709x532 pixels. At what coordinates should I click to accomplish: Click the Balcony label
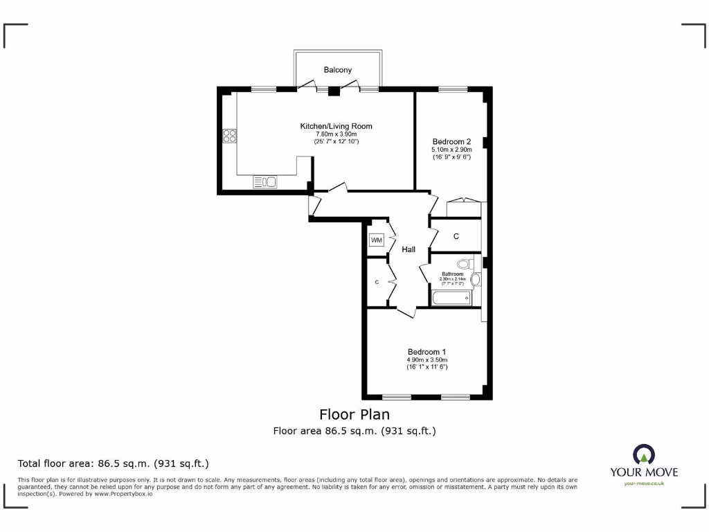pos(338,70)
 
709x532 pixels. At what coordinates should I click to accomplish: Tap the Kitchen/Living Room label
pos(336,126)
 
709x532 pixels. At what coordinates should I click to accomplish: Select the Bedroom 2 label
pos(451,141)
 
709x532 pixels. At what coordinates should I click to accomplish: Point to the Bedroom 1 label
pos(427,351)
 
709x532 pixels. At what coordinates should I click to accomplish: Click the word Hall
pos(409,249)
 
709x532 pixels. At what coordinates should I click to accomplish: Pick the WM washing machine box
pos(377,240)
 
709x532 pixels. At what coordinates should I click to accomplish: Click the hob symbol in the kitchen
pos(229,136)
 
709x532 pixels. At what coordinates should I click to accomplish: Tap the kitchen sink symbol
pos(266,182)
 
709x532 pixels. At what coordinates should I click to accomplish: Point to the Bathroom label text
pos(452,274)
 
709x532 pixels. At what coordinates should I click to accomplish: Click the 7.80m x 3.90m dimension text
pos(336,134)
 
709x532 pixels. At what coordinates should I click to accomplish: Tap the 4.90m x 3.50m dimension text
pos(427,360)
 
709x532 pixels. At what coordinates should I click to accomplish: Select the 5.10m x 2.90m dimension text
pos(451,150)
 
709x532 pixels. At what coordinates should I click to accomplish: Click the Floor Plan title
pos(354,414)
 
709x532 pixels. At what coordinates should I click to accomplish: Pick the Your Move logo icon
pos(644,454)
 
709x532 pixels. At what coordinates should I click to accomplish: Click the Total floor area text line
pos(113,463)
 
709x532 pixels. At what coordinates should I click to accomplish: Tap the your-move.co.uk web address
pos(644,484)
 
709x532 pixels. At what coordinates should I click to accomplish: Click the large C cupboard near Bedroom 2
pos(456,236)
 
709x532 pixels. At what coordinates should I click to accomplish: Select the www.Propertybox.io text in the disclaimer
pos(123,494)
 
